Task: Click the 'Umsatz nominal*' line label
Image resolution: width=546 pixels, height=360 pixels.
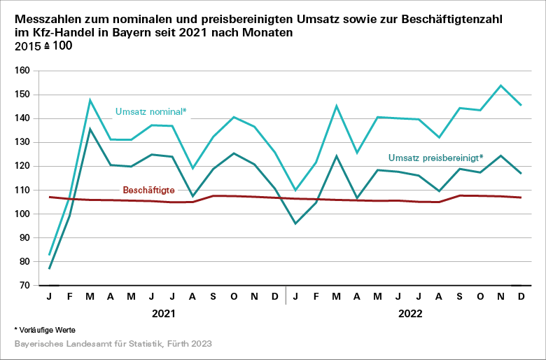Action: point(150,111)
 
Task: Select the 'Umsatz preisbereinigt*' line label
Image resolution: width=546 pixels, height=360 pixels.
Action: point(435,158)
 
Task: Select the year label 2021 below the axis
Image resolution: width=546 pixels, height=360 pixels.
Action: point(164,314)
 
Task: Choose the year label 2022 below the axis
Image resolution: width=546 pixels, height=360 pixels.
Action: point(411,314)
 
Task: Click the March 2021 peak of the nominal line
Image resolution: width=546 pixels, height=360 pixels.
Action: point(90,100)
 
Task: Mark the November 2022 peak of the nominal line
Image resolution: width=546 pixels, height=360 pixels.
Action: point(500,85)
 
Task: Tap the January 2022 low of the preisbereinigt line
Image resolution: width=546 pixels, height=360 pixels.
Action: point(295,223)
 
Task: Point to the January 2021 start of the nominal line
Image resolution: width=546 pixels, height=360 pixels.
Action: point(50,255)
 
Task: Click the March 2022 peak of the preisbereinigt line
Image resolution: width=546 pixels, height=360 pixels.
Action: point(337,155)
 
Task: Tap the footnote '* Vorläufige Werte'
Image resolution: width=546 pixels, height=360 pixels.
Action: point(45,329)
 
